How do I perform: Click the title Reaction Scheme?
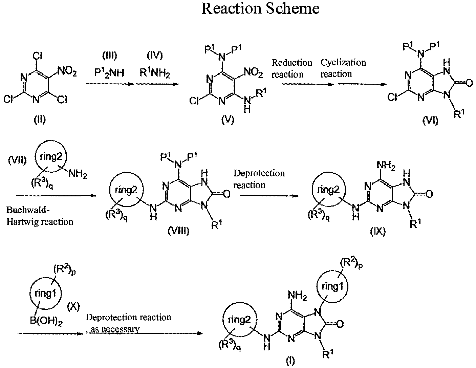click(260, 9)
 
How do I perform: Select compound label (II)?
click(40, 120)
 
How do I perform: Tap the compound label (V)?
click(228, 120)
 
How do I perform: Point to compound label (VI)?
click(430, 121)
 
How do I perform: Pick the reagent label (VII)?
click(17, 160)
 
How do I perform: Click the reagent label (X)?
click(73, 306)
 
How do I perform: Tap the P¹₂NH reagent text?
click(109, 72)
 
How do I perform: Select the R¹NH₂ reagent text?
click(155, 72)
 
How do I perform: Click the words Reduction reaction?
click(292, 69)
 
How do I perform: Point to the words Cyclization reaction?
click(343, 68)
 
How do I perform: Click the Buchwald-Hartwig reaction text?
click(40, 216)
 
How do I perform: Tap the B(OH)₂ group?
click(46, 321)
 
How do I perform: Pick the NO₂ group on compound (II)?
click(67, 71)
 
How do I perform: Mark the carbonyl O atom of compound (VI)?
click(469, 83)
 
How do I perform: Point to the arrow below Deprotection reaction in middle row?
click(269, 196)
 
